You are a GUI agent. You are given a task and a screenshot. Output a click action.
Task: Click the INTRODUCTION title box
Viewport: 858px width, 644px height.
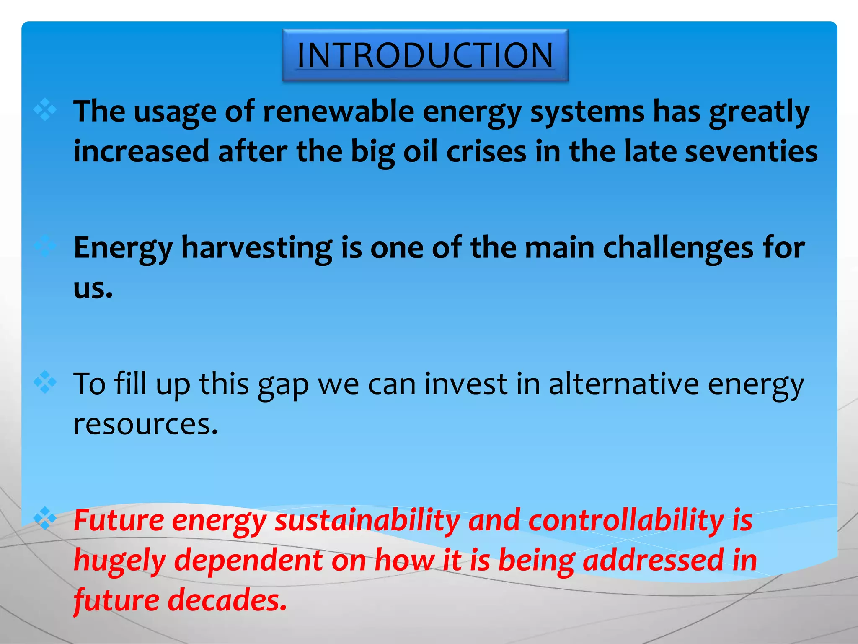point(425,55)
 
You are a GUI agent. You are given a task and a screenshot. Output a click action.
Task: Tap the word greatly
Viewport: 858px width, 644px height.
point(759,112)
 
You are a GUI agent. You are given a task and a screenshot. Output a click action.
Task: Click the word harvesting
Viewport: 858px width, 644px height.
point(257,248)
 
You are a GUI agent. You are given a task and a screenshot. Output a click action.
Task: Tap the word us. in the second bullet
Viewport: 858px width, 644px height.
point(93,288)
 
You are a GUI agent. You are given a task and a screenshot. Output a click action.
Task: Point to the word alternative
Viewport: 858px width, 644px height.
point(624,384)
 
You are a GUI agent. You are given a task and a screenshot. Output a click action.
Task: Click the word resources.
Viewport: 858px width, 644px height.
point(145,424)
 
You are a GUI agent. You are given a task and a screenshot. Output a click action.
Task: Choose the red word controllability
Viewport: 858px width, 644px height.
point(626,521)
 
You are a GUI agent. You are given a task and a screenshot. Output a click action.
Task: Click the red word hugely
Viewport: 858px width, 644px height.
point(120,561)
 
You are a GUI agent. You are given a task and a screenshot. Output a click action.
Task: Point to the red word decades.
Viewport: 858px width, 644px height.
point(227,600)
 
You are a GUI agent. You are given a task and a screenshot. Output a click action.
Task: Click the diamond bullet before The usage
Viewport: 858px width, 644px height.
point(45,110)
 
